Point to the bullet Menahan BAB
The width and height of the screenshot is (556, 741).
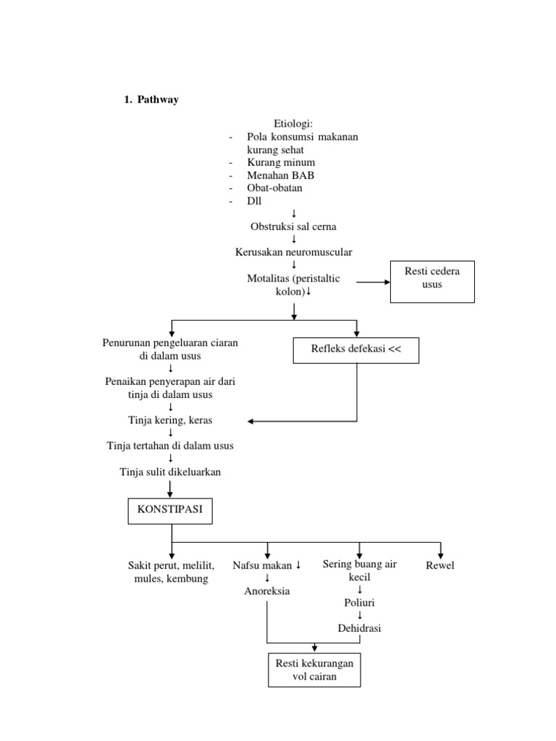[x=280, y=175]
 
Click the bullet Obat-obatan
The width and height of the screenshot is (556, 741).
[x=274, y=187]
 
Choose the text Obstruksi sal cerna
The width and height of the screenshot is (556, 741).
[x=293, y=226]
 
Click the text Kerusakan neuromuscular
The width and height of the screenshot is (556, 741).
[x=293, y=252]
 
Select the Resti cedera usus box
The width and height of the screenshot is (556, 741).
[x=432, y=281]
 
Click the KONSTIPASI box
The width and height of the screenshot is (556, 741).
[x=169, y=513]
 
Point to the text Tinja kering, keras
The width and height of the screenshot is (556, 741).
[x=170, y=420]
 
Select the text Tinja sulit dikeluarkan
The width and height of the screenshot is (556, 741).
[x=170, y=472]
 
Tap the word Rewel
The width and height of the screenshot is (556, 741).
[x=440, y=565]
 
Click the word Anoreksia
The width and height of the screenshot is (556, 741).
[x=266, y=591]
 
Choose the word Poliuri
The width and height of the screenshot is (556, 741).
[x=359, y=602]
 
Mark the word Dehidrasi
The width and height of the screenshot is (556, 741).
[x=359, y=628]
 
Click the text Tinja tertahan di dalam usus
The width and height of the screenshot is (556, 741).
[x=170, y=446]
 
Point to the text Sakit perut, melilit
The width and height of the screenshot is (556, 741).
[x=171, y=565]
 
